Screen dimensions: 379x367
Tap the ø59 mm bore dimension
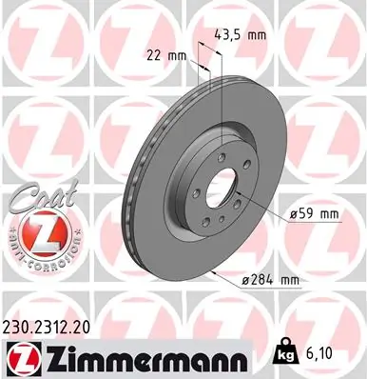pos(314,214)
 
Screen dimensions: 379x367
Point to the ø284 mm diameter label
pos(270,279)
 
